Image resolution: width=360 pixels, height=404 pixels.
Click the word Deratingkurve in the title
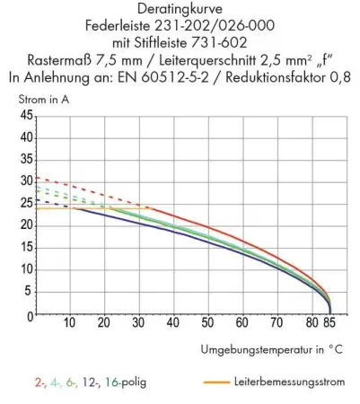point(180,9)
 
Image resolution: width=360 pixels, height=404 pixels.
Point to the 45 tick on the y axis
point(25,115)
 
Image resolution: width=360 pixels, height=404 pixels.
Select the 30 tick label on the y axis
point(25,179)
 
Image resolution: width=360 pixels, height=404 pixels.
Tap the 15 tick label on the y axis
point(25,243)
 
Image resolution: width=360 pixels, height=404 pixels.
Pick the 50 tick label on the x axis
point(208,321)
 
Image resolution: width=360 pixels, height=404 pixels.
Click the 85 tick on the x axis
point(329,321)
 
